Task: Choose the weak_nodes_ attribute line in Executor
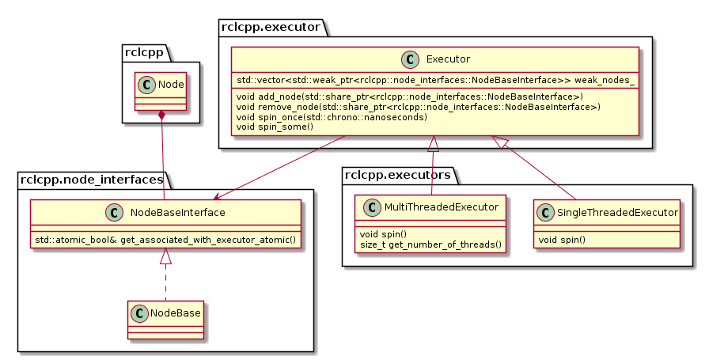click(434, 81)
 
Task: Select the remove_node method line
click(418, 106)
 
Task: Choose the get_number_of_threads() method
click(430, 244)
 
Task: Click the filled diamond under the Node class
click(161, 116)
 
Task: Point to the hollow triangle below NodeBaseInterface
click(165, 256)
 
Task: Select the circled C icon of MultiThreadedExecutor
click(372, 207)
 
